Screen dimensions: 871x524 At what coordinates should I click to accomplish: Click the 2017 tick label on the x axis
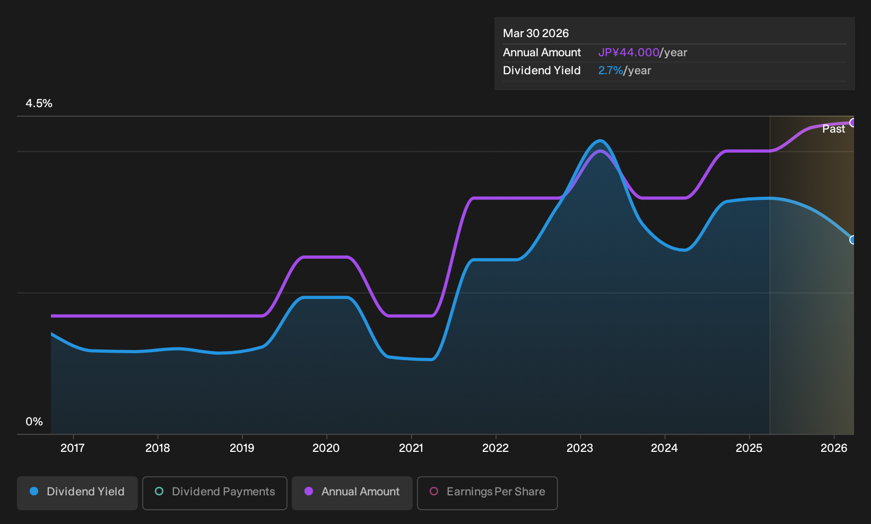click(73, 448)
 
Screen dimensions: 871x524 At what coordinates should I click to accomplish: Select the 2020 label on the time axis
click(326, 448)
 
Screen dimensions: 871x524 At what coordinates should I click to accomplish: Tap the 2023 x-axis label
click(580, 448)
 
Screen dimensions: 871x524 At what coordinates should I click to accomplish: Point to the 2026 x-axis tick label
click(834, 448)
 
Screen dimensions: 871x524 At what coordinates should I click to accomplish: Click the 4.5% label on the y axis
click(39, 103)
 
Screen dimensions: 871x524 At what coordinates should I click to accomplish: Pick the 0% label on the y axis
click(34, 422)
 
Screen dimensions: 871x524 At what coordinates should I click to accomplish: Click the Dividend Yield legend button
click(77, 493)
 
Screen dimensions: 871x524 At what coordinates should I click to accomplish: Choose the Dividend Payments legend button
click(215, 493)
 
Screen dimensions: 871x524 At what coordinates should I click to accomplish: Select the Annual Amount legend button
click(352, 493)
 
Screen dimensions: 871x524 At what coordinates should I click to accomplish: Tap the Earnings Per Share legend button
click(487, 493)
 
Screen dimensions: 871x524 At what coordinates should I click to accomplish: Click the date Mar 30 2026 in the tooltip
click(536, 33)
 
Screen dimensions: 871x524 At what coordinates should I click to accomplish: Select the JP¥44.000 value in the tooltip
click(629, 53)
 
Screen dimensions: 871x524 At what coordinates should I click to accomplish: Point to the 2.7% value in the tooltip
click(611, 71)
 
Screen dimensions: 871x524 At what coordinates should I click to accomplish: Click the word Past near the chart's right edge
click(834, 129)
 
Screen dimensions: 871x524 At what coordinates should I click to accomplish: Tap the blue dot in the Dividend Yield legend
click(34, 491)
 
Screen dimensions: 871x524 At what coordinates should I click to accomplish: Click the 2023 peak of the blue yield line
click(600, 141)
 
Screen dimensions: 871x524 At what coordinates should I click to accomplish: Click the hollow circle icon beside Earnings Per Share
click(434, 491)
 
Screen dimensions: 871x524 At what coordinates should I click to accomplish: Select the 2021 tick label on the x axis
click(411, 448)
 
